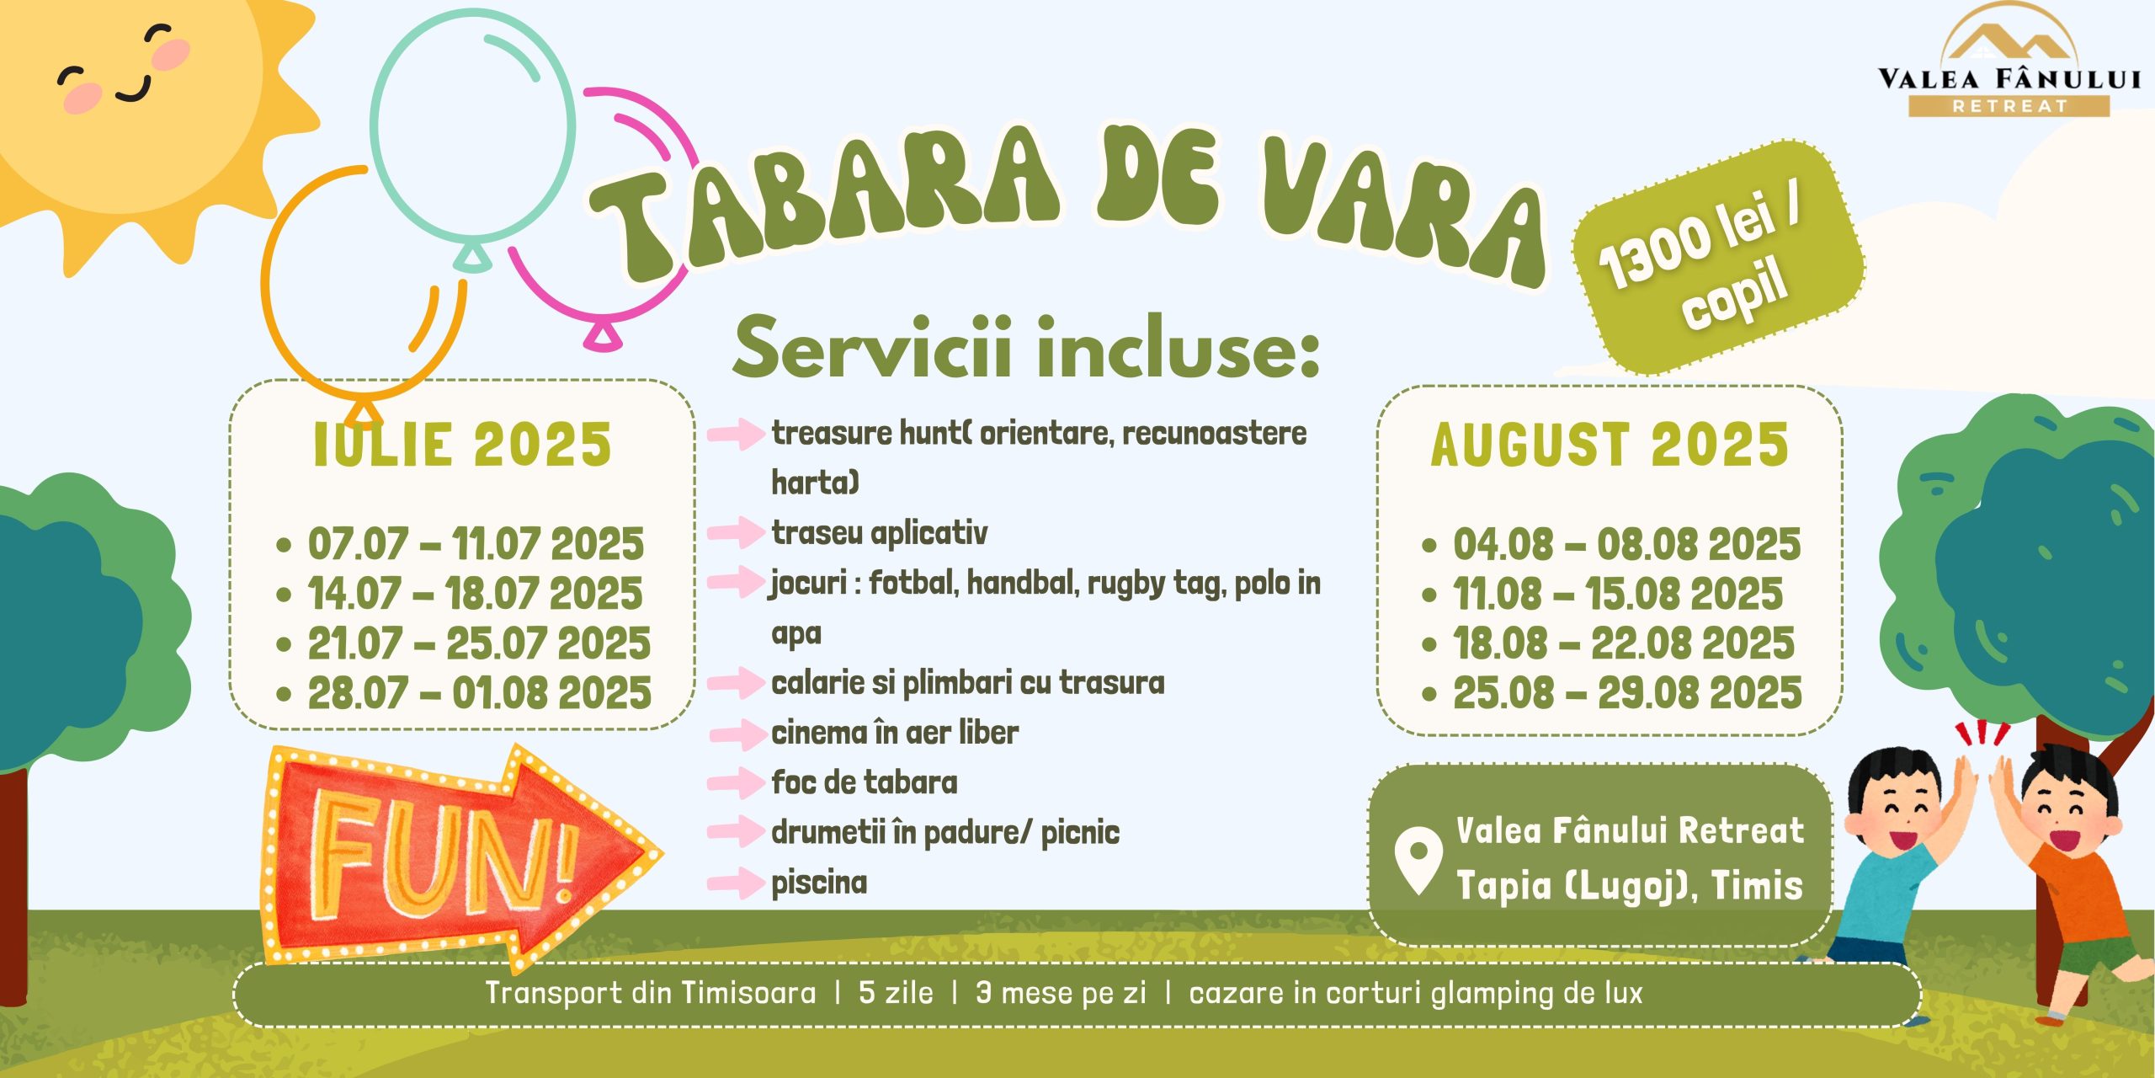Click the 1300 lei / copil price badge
pyautogui.click(x=1718, y=258)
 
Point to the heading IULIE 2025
pyautogui.click(x=462, y=445)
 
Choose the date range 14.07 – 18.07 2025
pyautogui.click(x=475, y=594)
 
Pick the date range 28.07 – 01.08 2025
pyautogui.click(x=479, y=694)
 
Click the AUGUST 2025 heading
pyautogui.click(x=1610, y=445)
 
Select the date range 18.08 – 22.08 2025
pyautogui.click(x=1624, y=644)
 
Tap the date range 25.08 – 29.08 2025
pyautogui.click(x=1627, y=694)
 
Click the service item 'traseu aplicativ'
pyautogui.click(x=880, y=533)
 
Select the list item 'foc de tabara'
pyautogui.click(x=865, y=782)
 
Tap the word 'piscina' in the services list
pyautogui.click(x=819, y=883)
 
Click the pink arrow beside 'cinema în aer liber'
pyautogui.click(x=736, y=734)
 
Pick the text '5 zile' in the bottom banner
pyautogui.click(x=896, y=993)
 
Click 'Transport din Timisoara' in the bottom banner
pyautogui.click(x=651, y=993)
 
